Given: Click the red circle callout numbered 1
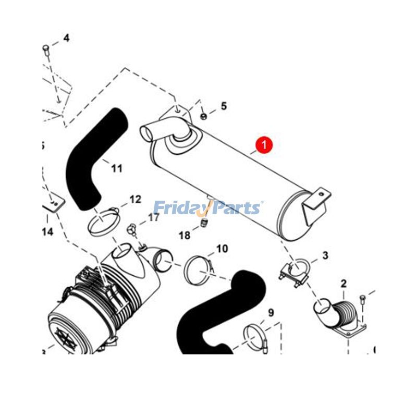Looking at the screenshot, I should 264,144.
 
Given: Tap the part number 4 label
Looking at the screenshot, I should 66,38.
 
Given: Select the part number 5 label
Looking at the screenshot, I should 224,106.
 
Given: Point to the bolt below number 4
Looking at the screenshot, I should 46,50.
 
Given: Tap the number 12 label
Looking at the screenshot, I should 135,199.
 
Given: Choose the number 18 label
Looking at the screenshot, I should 185,236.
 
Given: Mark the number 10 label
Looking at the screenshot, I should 222,249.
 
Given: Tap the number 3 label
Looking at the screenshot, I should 325,255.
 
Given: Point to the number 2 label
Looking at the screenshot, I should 344,284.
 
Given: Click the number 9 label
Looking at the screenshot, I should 271,313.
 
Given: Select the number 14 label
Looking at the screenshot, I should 47,232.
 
